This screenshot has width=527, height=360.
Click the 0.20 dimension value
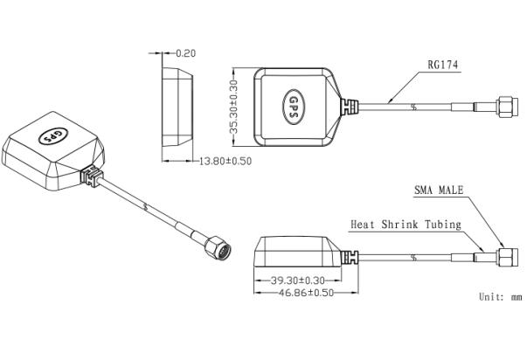point(186,53)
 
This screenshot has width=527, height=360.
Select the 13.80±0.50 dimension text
point(225,162)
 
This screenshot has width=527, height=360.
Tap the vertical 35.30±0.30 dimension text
point(234,107)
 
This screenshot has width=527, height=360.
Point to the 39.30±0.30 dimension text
point(298,280)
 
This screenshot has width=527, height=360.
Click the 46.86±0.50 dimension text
point(307,293)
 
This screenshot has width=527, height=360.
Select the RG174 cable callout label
point(442,65)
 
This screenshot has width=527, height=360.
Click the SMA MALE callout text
point(439,190)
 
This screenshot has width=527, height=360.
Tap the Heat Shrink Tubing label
point(406,225)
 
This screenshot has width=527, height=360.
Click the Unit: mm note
point(501,297)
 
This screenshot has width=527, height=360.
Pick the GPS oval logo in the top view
point(294,107)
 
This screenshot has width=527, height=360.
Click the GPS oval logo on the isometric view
point(53,135)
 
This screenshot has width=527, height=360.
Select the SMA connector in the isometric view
point(218,247)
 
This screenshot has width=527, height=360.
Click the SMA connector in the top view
point(508,107)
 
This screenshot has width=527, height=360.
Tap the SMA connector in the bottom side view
point(508,258)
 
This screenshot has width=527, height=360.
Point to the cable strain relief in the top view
point(350,107)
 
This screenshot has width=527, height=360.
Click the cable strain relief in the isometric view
point(92,177)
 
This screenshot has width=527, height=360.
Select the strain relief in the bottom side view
point(350,258)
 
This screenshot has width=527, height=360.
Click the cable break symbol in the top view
point(413,107)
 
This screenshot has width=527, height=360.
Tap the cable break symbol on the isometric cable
point(145,206)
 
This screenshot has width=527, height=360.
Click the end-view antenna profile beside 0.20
point(177,107)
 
